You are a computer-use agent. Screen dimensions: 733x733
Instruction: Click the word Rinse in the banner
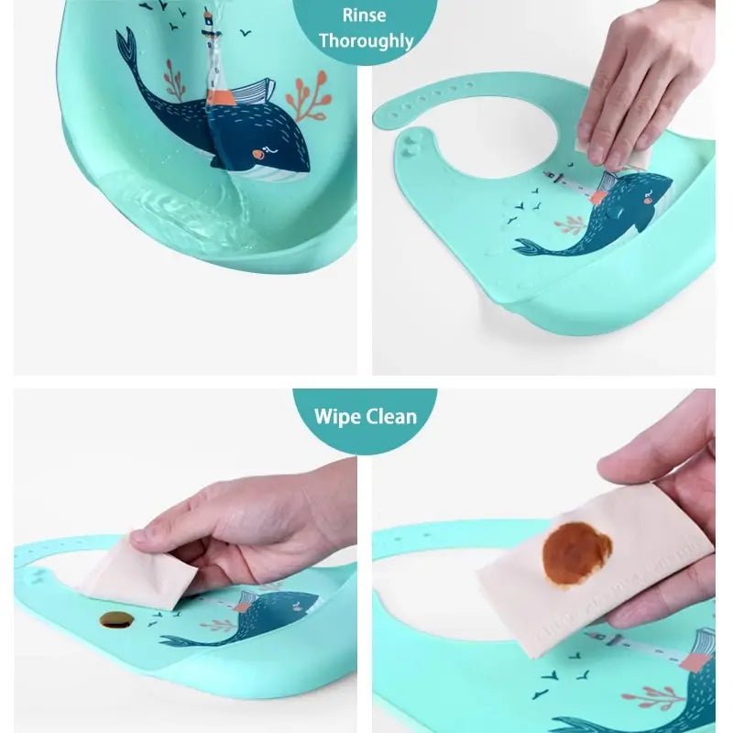coord(365,15)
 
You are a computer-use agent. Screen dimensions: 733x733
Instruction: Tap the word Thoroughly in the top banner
coord(366,40)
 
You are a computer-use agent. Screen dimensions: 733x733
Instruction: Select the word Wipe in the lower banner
coord(338,417)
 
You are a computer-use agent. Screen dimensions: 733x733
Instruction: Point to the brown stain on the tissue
coord(576,553)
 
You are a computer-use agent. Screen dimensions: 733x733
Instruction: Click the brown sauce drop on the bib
coord(116,619)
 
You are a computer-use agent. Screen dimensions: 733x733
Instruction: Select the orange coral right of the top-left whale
coord(306,97)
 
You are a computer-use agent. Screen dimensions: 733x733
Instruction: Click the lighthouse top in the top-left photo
coord(209,16)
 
